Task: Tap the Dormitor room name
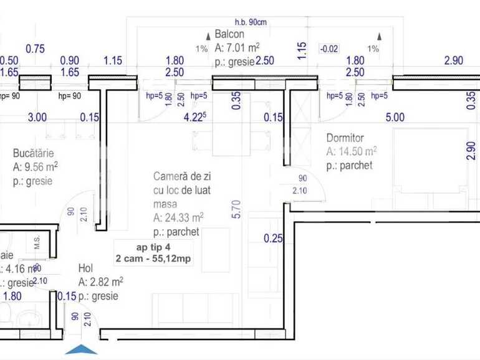[345, 138]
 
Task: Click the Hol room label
[85, 268]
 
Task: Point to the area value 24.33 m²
[176, 218]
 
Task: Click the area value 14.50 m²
[352, 151]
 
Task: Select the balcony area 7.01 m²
[237, 47]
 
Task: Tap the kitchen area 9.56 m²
[36, 166]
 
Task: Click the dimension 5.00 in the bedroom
[395, 116]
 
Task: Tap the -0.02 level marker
[329, 49]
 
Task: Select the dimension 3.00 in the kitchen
[37, 116]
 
